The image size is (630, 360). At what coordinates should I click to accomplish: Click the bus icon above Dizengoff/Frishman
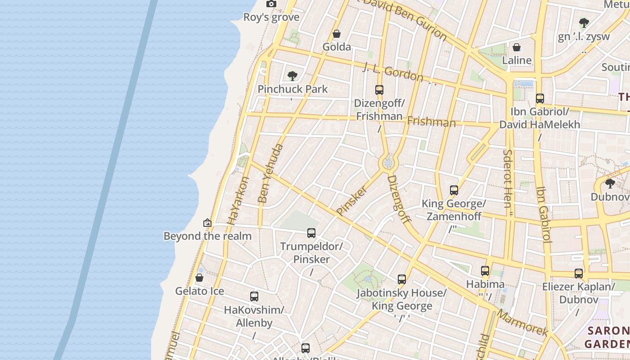point(379,90)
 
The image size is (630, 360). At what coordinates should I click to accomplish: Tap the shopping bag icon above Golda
point(336,34)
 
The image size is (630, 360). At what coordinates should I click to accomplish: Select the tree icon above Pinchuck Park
point(292,76)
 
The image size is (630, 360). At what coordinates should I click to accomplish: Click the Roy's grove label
point(271,17)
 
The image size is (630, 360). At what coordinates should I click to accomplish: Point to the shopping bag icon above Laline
point(517,47)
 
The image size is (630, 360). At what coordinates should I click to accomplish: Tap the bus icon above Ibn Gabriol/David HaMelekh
point(540,99)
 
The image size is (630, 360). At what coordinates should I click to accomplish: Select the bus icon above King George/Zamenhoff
point(454,190)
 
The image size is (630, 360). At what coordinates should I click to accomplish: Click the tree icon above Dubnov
point(610,183)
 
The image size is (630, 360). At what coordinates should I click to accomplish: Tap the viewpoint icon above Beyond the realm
point(207,222)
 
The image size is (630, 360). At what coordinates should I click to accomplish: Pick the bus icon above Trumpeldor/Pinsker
point(311,233)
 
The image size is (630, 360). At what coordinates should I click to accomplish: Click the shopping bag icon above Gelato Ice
point(199,278)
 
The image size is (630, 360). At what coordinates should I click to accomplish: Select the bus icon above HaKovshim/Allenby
point(254,297)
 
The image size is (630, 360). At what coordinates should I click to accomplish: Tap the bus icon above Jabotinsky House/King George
point(401,279)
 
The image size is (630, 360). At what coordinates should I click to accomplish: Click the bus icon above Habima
point(485,271)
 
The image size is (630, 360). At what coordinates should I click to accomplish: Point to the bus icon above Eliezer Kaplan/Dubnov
point(578,273)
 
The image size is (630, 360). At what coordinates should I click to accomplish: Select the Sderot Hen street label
point(508,179)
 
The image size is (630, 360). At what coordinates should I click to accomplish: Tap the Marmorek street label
point(522,323)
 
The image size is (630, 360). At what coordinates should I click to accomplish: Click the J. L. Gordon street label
point(393,72)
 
